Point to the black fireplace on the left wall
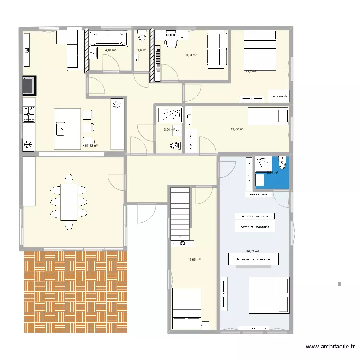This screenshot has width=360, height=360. pyautogui.click(x=28, y=85)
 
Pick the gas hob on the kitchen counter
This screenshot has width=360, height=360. pyautogui.click(x=28, y=116)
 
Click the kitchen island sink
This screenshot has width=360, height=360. pyautogui.click(x=62, y=129)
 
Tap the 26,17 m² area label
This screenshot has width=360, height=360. pyautogui.click(x=252, y=251)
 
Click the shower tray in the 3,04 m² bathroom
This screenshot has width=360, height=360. pyautogui.click(x=169, y=115)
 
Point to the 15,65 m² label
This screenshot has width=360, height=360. pyautogui.click(x=194, y=260)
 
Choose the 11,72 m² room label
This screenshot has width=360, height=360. pyautogui.click(x=237, y=129)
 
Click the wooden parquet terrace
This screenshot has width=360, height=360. pyautogui.click(x=75, y=291)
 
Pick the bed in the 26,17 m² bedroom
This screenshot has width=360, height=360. pyautogui.click(x=269, y=302)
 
